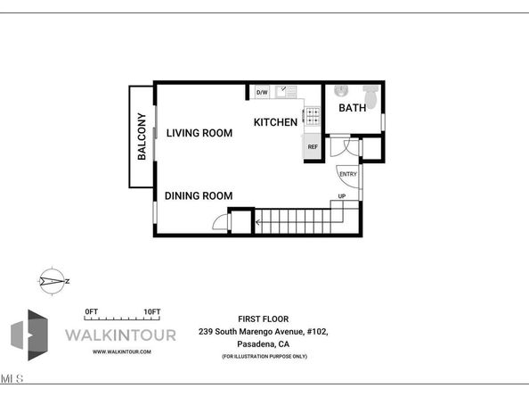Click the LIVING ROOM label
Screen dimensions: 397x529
click(x=199, y=133)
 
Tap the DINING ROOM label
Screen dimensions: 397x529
click(x=199, y=195)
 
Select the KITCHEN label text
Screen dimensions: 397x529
click(x=275, y=121)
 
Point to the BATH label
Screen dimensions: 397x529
click(x=353, y=108)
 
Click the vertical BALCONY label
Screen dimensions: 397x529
click(x=141, y=136)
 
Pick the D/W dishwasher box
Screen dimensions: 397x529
click(x=262, y=92)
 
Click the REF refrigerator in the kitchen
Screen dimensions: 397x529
click(x=313, y=146)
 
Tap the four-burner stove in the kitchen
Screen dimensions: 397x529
click(x=313, y=114)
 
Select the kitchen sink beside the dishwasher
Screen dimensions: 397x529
click(x=283, y=91)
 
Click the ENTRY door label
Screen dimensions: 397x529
click(x=347, y=174)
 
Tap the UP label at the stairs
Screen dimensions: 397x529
click(x=341, y=195)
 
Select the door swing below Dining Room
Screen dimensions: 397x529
click(x=217, y=224)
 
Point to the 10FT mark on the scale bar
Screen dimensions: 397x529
click(x=151, y=311)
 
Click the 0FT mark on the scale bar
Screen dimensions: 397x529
click(x=90, y=311)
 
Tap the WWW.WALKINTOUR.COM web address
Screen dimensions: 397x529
click(x=126, y=352)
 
